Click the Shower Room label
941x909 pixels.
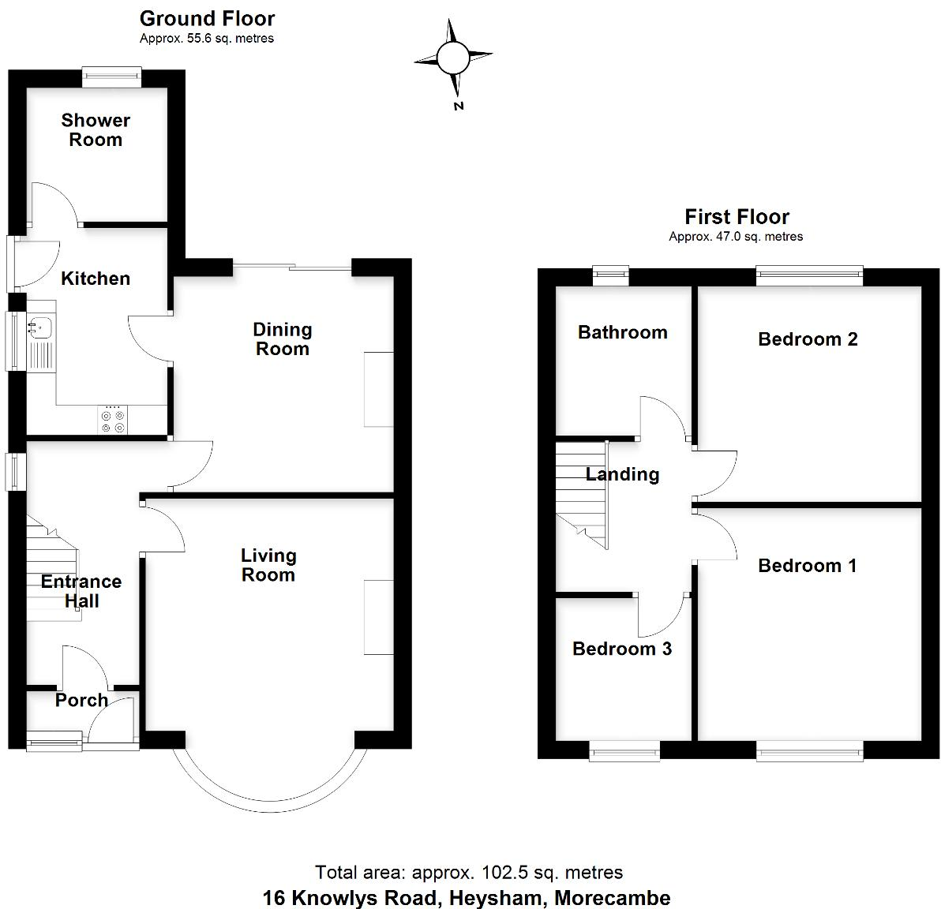[x=96, y=130]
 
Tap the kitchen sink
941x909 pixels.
[x=39, y=326]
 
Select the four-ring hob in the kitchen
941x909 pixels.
[x=112, y=421]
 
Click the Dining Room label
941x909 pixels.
[x=283, y=339]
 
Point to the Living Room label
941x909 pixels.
[x=268, y=565]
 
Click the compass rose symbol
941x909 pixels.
[x=453, y=57]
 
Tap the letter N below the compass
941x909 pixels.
[x=459, y=107]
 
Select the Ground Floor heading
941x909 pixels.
[x=207, y=18]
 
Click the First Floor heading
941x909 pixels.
[x=737, y=217]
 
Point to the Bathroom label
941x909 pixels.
[x=623, y=332]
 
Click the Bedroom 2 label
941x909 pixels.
[x=808, y=339]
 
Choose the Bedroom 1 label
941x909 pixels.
[x=807, y=566]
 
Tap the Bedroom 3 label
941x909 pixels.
[x=622, y=649]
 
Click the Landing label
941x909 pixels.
[x=622, y=474]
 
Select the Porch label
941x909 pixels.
[x=81, y=700]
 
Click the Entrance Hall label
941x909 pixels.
[x=81, y=591]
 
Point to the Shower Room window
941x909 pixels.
[x=112, y=77]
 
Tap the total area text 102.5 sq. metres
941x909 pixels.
[x=469, y=872]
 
